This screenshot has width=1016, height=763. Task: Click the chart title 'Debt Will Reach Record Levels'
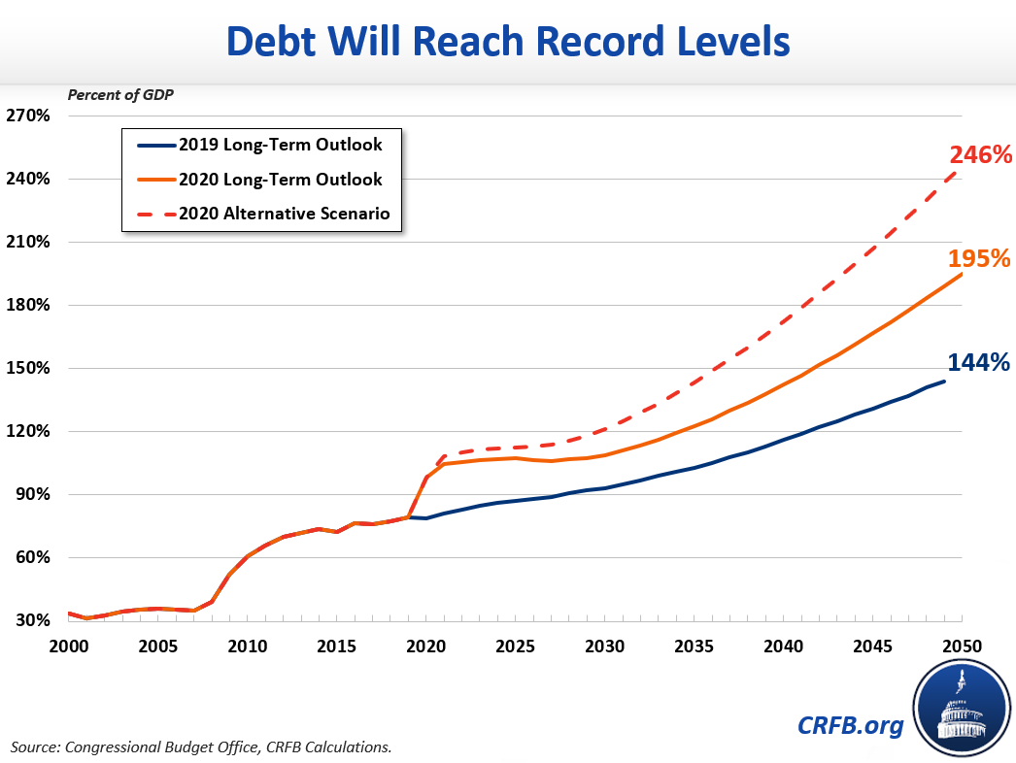508,43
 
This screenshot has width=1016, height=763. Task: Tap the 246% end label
981,154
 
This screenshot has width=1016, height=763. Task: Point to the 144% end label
978,362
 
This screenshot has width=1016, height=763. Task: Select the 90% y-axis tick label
30,495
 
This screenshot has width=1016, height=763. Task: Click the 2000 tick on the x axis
68,646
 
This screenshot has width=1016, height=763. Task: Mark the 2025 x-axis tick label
515,646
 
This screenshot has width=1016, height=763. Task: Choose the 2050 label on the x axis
961,646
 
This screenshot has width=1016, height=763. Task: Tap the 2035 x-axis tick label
694,646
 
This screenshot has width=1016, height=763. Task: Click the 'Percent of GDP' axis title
114,94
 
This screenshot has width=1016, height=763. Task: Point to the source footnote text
201,746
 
